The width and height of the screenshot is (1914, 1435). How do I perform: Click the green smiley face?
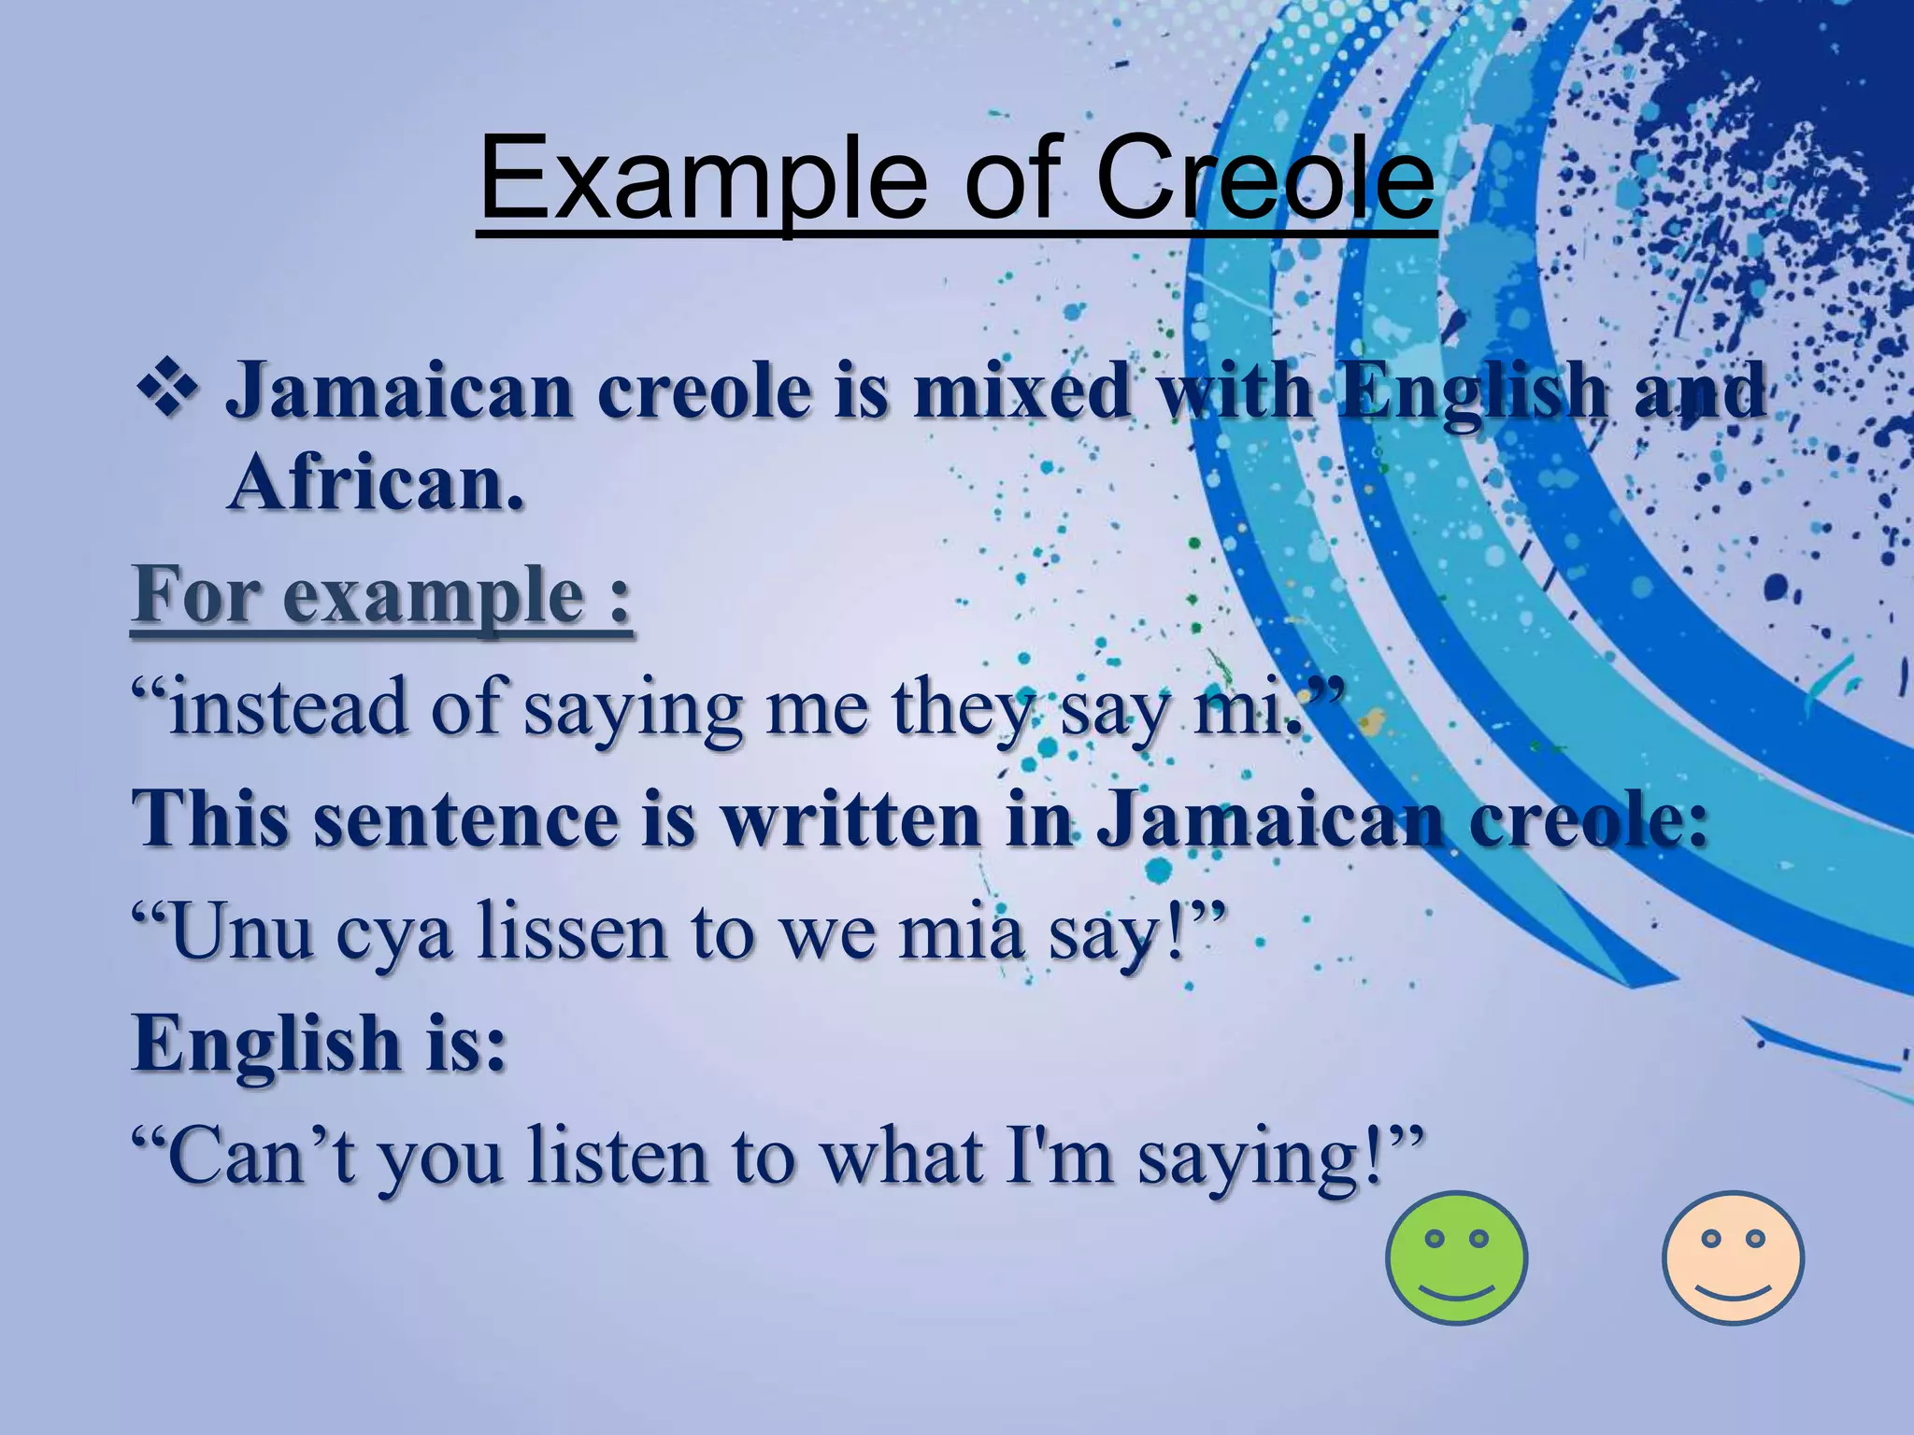tap(1456, 1257)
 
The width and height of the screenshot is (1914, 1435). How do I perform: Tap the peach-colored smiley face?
tap(1733, 1257)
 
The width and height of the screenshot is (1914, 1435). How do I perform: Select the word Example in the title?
tap(701, 178)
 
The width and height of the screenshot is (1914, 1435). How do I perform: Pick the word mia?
tap(963, 932)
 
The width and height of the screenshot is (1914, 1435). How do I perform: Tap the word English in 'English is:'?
tap(266, 1044)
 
